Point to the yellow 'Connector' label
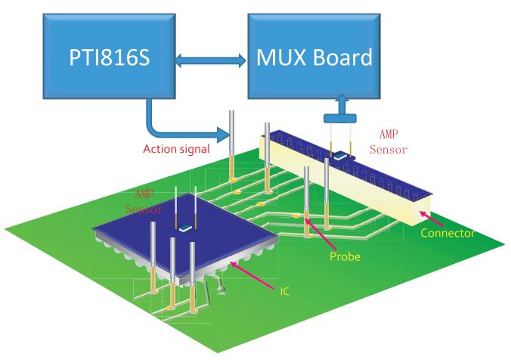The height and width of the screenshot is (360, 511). [448, 233]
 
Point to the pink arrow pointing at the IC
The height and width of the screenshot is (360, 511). [256, 273]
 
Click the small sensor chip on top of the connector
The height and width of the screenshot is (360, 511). [342, 155]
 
